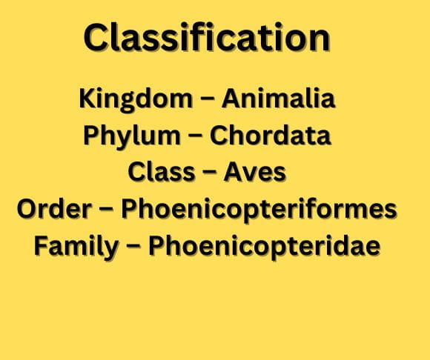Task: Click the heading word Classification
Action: pyautogui.click(x=207, y=37)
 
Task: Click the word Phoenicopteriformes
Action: pyautogui.click(x=259, y=210)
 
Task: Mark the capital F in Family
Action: pyautogui.click(x=41, y=245)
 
